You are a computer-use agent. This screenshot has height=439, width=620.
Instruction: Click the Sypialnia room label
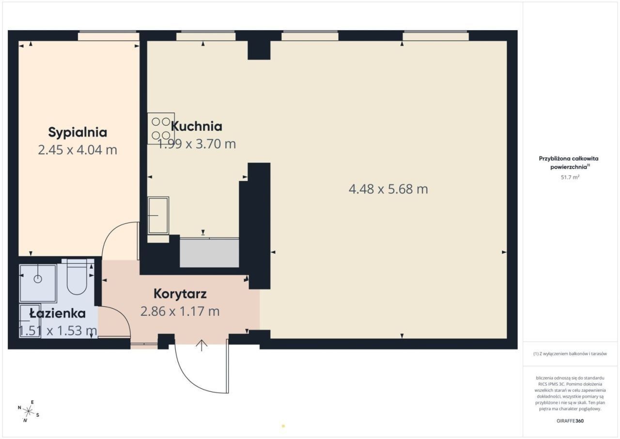point(77,132)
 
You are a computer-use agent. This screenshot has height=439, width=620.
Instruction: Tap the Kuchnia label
point(197,127)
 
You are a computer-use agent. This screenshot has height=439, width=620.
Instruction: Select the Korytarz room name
point(180,294)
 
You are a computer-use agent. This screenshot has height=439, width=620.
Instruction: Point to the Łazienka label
point(58,313)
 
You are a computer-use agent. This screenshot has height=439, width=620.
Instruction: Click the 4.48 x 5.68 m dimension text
point(388,189)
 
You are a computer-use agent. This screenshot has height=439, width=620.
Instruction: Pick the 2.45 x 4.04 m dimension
point(77,150)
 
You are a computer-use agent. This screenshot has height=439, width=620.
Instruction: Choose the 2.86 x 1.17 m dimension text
point(180,311)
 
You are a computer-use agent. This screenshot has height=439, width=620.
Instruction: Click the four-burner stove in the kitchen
point(161,129)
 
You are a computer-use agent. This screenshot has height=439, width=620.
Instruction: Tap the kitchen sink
point(158,215)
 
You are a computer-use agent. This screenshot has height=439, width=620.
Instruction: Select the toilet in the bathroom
point(77,276)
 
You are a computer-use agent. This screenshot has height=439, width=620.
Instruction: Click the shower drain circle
point(38,279)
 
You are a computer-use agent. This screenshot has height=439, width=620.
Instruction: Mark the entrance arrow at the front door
point(201,345)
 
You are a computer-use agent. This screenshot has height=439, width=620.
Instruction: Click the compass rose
point(28,411)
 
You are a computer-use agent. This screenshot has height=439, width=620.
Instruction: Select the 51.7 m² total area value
point(570,178)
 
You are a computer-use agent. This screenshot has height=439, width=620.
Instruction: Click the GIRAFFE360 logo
point(570,421)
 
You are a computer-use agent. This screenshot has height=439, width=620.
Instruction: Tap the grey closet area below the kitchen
point(209,253)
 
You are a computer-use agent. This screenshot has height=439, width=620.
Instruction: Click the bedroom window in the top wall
point(108,36)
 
